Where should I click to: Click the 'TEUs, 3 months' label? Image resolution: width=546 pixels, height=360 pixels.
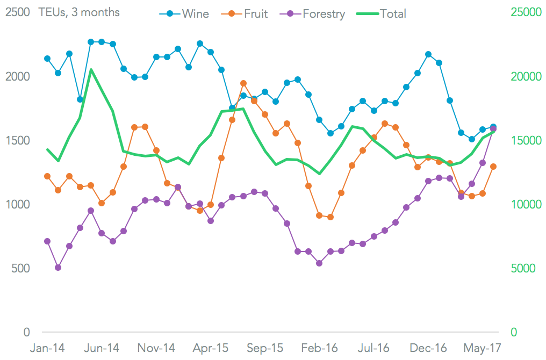point(79,12)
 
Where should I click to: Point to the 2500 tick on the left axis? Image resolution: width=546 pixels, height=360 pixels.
point(17,12)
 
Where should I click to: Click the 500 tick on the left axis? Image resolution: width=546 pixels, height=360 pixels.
point(20,268)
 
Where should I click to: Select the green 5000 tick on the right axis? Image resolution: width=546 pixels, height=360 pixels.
point(522,268)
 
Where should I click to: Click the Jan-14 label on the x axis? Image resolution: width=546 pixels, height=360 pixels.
point(47,348)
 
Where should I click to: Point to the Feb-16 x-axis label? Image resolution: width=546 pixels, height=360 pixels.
point(320,348)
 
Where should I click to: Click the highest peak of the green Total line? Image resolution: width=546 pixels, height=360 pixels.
point(91,70)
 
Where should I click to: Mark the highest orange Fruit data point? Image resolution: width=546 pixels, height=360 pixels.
point(243,83)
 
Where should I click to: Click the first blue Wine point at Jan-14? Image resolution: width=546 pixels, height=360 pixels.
point(47,59)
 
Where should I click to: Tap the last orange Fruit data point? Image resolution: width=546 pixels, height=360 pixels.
point(493,167)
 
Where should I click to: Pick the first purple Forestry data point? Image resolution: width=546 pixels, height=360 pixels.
point(47,241)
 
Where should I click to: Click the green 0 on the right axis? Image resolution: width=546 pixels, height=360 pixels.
point(514,332)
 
